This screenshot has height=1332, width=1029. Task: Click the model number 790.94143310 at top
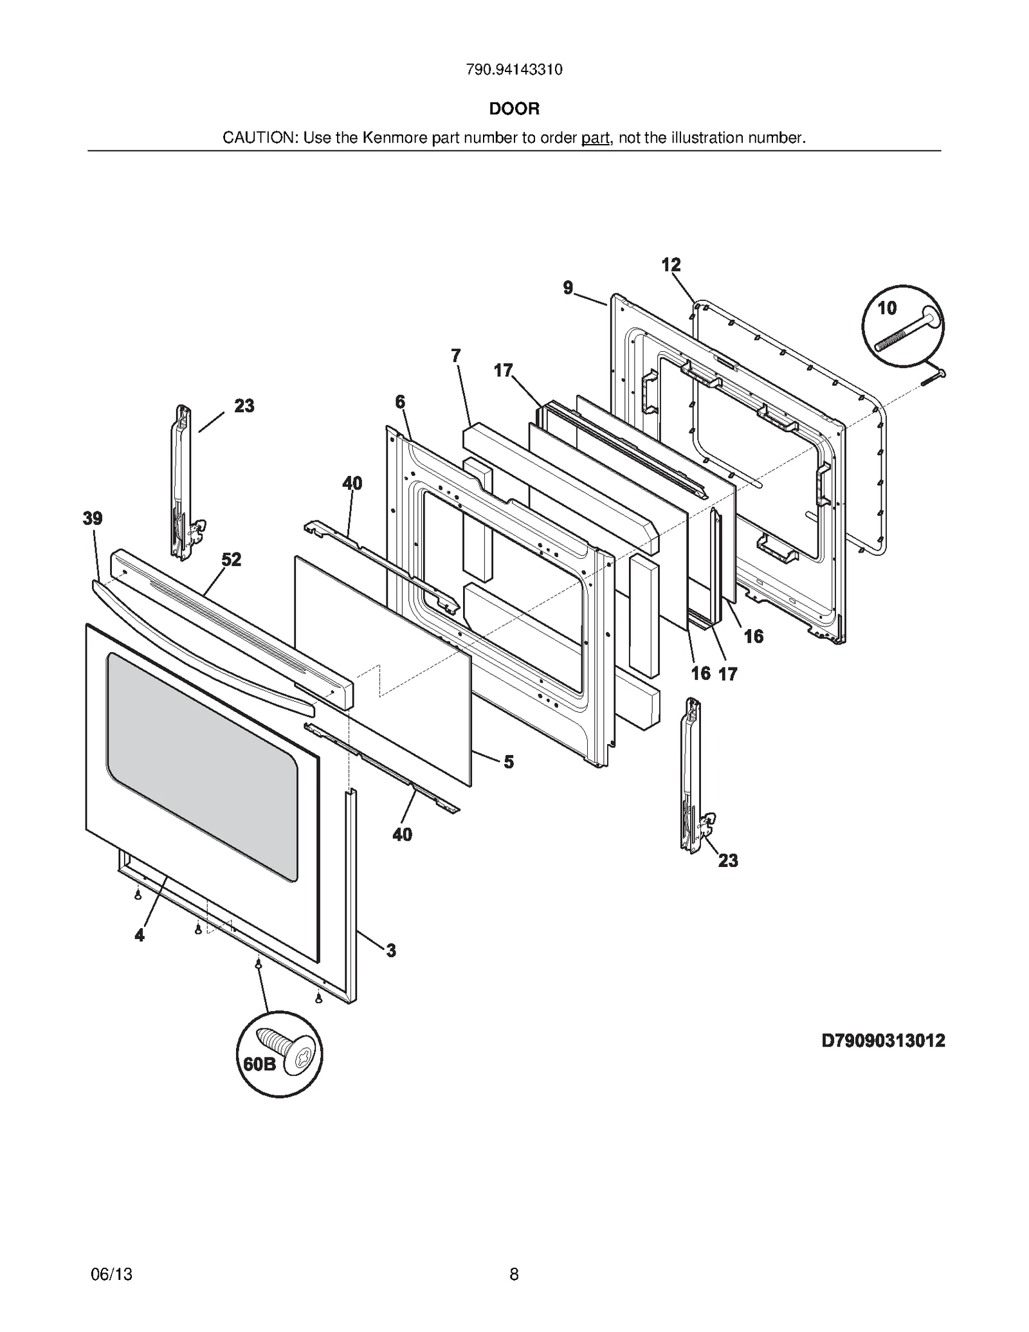tap(514, 69)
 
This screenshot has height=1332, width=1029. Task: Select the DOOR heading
tap(514, 109)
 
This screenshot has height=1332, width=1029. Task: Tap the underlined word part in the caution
tap(595, 138)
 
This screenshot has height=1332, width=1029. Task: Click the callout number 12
tap(671, 264)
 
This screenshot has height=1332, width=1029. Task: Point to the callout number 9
tap(568, 287)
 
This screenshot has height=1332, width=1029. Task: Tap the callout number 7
tap(456, 356)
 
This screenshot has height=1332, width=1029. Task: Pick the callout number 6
tap(400, 402)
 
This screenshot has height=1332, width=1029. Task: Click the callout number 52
tap(232, 560)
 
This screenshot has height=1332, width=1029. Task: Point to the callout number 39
tap(93, 518)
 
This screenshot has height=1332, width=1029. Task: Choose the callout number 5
tap(509, 762)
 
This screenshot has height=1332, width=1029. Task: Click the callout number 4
tap(140, 935)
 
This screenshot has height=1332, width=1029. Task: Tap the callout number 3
tap(391, 950)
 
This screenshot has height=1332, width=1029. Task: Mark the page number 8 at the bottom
tap(514, 1273)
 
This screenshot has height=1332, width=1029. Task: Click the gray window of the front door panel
tap(203, 765)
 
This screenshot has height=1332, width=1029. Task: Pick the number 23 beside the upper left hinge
tap(244, 406)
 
